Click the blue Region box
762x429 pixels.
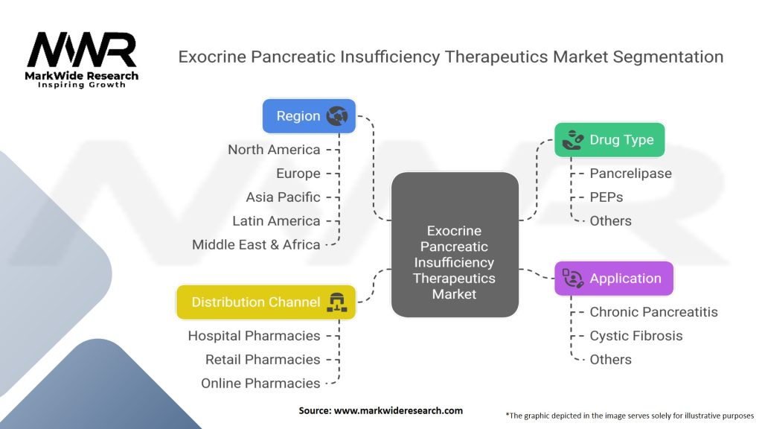click(x=309, y=116)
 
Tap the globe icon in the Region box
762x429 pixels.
click(x=337, y=116)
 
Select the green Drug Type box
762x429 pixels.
click(x=609, y=140)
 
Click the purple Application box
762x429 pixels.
click(x=614, y=279)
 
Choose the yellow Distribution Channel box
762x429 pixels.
click(x=266, y=302)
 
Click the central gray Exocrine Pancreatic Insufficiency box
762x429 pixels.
click(x=455, y=244)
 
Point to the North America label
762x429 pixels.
click(x=274, y=150)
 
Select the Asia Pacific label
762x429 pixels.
click(x=283, y=197)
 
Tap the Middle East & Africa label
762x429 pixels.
click(x=256, y=244)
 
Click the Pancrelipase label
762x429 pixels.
click(x=631, y=174)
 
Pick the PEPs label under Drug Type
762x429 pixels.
click(x=606, y=197)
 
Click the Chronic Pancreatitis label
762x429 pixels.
click(x=653, y=312)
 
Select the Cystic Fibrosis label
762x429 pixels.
click(x=636, y=336)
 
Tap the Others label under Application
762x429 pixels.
click(x=610, y=360)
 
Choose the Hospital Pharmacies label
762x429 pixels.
click(x=254, y=336)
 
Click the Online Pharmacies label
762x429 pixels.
click(x=260, y=384)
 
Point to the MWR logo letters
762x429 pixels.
click(x=82, y=50)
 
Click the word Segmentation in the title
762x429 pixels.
click(x=667, y=57)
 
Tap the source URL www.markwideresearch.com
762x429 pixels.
click(x=398, y=410)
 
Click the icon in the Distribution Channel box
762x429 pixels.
click(x=337, y=302)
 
